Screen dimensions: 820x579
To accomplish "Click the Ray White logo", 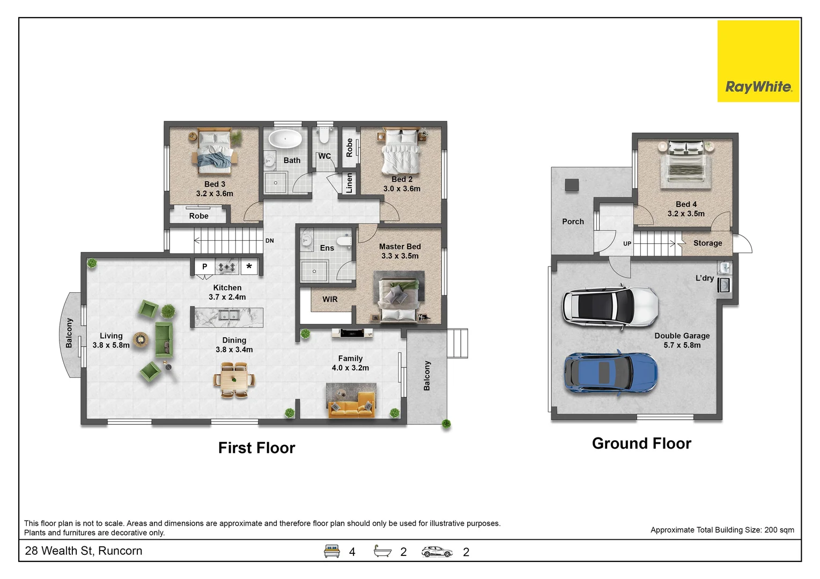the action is coord(758,61).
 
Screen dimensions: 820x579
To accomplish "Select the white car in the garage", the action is coord(610,307).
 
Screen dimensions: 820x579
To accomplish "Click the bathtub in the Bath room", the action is coord(285,139).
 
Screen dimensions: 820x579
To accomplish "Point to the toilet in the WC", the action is coord(324,136).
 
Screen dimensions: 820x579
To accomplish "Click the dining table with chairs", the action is coord(234,380).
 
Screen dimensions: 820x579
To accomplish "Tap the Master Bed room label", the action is coord(400,247).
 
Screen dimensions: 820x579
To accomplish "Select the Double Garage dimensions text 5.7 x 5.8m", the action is coord(682,345).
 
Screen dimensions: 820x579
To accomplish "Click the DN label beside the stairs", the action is coord(269,241).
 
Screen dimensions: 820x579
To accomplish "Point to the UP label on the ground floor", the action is coord(627,243).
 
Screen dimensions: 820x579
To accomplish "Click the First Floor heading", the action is coord(256,448).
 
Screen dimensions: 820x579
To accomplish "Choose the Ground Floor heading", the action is coord(642,443).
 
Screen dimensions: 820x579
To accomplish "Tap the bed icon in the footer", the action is coord(331,551).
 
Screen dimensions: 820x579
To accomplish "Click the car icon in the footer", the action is coord(437,552).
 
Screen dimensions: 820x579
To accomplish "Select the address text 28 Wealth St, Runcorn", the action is coord(84,551).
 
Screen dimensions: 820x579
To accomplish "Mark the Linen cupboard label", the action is coord(349,183).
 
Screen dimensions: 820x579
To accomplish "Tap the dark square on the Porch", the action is coord(572,185).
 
